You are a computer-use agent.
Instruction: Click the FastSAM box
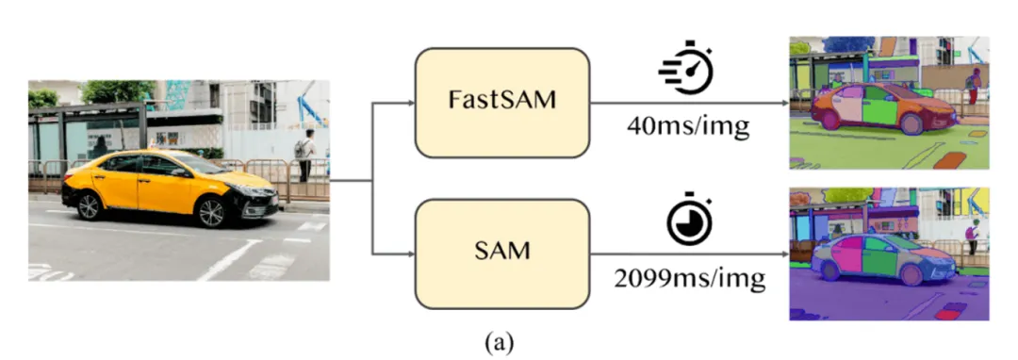501,103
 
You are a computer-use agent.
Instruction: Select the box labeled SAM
501,254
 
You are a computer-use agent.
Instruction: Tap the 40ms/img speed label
688,126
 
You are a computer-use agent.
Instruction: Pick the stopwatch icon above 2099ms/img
689,219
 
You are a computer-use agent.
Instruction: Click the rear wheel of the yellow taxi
89,205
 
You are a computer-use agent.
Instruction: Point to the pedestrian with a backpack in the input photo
305,155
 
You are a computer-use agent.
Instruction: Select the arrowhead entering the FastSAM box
410,103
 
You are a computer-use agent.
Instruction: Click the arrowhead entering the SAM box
410,254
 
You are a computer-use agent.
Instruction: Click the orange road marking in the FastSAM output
950,159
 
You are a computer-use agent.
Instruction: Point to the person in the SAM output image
971,237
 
